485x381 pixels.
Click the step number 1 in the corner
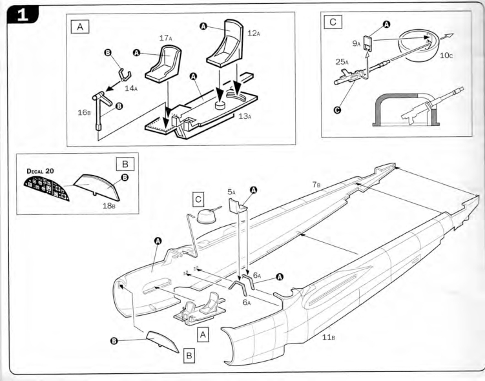pos(23,15)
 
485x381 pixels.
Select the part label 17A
pos(166,38)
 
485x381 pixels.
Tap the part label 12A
pos(254,33)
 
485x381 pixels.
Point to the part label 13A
pos(245,116)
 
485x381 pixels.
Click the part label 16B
pos(84,112)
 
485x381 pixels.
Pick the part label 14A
pos(131,88)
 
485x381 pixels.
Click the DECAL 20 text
pos(40,171)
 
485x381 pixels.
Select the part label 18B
pos(109,205)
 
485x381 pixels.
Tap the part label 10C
pos(446,56)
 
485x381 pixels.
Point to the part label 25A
pos(342,62)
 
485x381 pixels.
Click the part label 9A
pos(356,44)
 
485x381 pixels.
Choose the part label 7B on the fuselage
pos(316,185)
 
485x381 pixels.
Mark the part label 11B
pos(329,337)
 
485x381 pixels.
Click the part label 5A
pos(231,192)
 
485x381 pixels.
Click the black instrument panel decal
pos(46,188)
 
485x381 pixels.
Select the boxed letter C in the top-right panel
pos(333,22)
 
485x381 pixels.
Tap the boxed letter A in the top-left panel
pos(80,27)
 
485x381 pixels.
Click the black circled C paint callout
pos(338,110)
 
